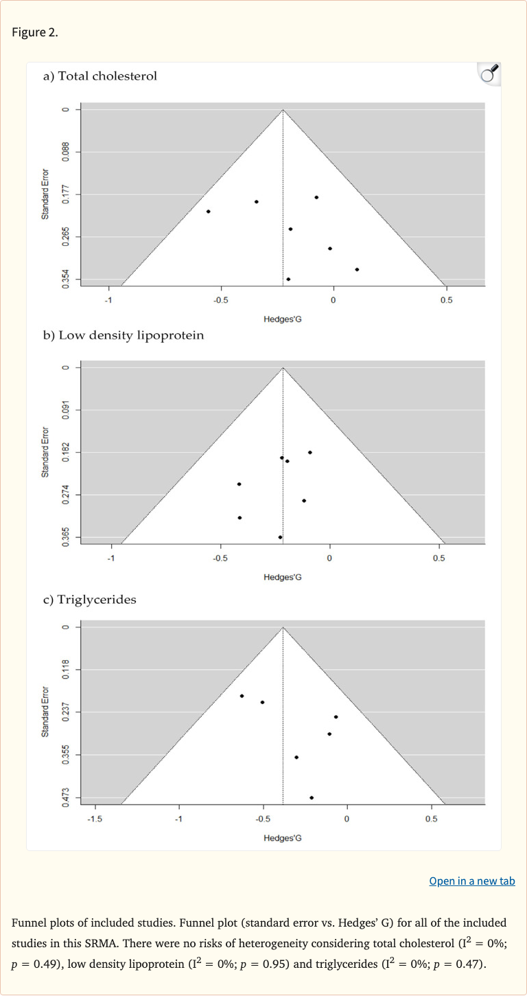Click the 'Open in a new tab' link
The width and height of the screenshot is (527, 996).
471,881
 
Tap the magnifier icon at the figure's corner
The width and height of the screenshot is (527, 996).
489,73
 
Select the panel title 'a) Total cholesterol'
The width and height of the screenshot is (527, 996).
100,76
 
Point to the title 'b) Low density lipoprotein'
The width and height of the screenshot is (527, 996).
124,335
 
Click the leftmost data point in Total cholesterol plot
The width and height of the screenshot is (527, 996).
208,212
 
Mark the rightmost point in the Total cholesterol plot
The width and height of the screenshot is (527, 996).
357,269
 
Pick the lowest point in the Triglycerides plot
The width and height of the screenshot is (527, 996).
312,797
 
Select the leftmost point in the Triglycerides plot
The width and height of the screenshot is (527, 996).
242,696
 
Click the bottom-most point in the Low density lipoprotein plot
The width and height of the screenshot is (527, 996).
280,537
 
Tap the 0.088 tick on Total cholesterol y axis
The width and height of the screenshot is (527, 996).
66,152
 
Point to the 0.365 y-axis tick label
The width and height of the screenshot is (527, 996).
66,537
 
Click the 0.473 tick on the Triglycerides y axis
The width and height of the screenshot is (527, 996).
66,797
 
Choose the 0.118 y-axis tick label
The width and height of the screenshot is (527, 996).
66,670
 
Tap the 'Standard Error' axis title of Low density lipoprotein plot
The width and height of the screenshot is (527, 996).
45,452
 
